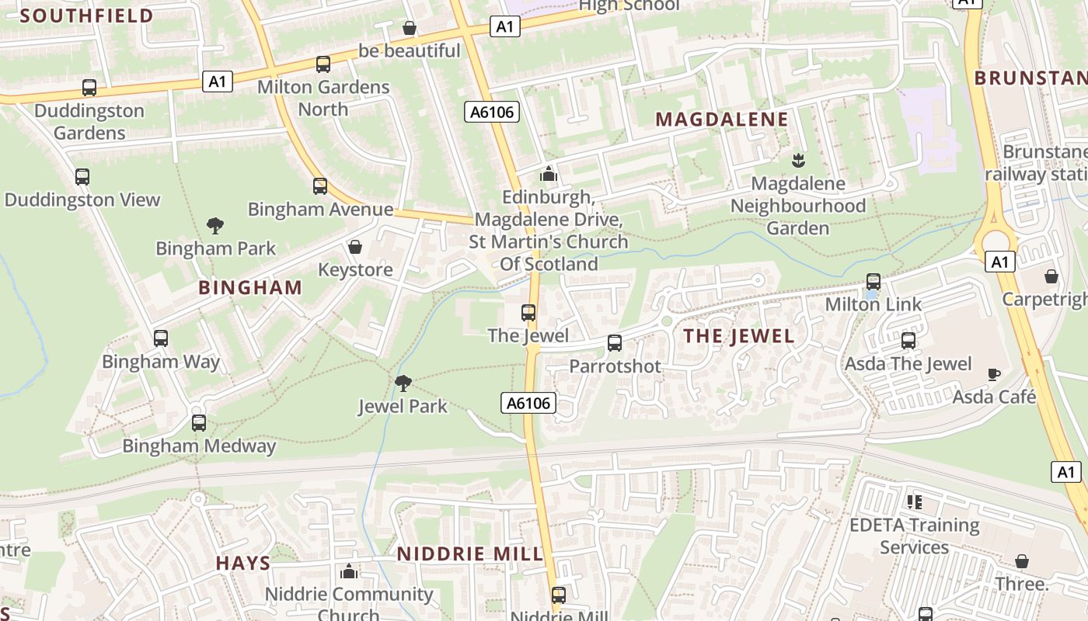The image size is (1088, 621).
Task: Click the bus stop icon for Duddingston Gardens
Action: coord(89,88)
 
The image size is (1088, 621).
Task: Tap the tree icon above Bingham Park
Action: coord(215,226)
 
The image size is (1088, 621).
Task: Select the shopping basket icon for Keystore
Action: coord(355,247)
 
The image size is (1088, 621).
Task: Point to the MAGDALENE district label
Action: coord(722,120)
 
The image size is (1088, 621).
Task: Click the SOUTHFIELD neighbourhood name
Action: coord(86,16)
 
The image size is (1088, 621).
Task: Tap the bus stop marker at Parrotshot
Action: coord(615,343)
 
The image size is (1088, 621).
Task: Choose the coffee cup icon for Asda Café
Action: coord(993,374)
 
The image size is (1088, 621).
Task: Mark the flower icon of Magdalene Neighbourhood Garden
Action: coord(797,161)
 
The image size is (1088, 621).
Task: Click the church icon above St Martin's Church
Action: coord(549,174)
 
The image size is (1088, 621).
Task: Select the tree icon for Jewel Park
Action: coord(403,383)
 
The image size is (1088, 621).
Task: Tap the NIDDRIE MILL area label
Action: coord(470,554)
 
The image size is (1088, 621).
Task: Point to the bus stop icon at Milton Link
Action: coord(874,282)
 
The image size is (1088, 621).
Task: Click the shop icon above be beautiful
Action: coord(410,29)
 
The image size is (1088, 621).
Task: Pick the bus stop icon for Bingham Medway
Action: coord(199,423)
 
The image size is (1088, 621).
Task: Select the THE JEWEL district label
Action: coord(738,336)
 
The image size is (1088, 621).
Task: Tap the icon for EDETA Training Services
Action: coord(914,502)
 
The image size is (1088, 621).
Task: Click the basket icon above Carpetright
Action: coord(1051,276)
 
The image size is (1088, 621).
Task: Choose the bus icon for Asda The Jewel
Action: coord(908,341)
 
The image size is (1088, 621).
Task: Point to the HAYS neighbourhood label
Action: coord(243,564)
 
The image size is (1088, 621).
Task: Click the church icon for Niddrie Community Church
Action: coord(349,572)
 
